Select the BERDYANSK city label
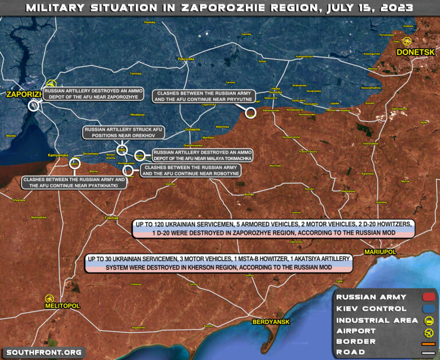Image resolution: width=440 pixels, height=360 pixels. pos(272,322)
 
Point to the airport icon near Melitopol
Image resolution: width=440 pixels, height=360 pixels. pos(49,298)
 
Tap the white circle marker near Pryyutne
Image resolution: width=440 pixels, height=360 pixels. pos(250,112)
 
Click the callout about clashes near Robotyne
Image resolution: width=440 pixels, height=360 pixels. pos(190,170)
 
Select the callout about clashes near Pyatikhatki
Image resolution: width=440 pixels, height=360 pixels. pos(73,183)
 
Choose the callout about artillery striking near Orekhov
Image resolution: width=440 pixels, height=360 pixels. pos(123,133)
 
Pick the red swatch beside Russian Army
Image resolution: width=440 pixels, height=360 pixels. pos(428,297)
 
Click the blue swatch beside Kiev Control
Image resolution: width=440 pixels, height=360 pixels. pos(428,308)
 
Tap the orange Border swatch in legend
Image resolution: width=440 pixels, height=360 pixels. pos(428,342)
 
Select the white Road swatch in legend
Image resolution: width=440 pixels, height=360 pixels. pos(428,353)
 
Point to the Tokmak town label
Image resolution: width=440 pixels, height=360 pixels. pos(112,218)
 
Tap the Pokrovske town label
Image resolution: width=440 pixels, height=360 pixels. pos(186,59)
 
